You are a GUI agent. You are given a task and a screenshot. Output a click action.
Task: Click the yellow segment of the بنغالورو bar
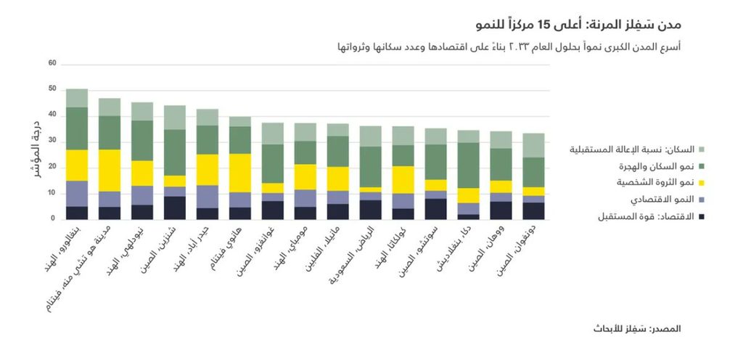pyautogui.click(x=76, y=165)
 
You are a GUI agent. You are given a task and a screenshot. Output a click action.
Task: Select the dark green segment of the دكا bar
pyautogui.click(x=468, y=165)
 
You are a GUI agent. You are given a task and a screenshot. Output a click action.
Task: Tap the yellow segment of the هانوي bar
pyautogui.click(x=239, y=173)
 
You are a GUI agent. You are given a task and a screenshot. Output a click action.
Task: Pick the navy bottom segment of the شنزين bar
pyautogui.click(x=174, y=207)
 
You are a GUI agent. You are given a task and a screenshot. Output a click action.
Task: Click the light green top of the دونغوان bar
pyautogui.click(x=533, y=144)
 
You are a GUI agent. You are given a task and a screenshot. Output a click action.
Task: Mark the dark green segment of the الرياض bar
pyautogui.click(x=370, y=166)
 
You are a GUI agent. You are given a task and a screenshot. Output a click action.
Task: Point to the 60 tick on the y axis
pyautogui.click(x=52, y=63)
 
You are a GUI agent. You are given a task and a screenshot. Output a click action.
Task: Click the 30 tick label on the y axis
pyautogui.click(x=52, y=141)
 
